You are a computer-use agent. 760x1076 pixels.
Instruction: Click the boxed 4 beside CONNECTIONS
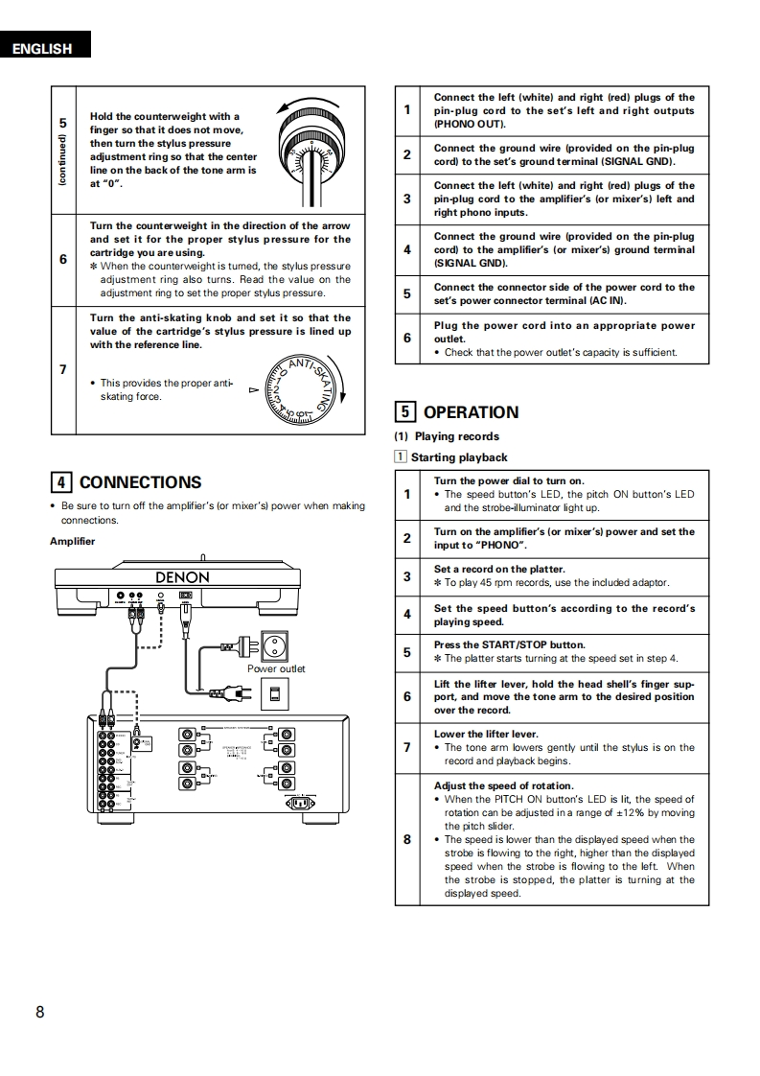click(60, 482)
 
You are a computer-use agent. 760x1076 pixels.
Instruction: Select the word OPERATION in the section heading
click(471, 412)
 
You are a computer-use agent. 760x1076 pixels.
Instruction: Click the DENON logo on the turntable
click(182, 577)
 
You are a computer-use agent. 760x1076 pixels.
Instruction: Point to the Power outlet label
click(276, 668)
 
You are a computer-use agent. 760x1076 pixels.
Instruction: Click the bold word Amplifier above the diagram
click(72, 542)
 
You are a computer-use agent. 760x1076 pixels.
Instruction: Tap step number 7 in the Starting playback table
click(407, 748)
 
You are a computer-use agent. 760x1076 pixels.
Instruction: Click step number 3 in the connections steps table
click(407, 199)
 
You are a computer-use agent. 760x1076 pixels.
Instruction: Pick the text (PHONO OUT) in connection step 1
click(470, 125)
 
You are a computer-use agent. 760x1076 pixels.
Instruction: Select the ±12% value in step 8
click(596, 812)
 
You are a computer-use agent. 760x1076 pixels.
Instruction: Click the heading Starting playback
click(458, 457)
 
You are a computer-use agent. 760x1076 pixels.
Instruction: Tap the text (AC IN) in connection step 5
click(605, 300)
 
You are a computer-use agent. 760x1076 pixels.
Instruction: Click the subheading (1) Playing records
click(447, 436)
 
